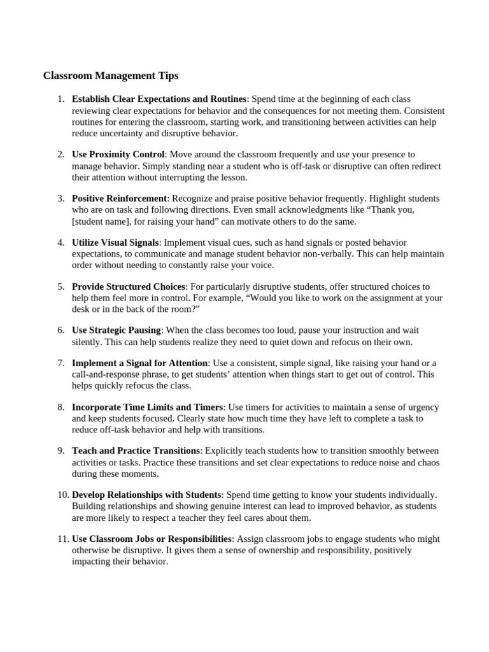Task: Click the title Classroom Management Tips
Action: [111, 76]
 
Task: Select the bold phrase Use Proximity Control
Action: [118, 155]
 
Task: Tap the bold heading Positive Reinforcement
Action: [119, 199]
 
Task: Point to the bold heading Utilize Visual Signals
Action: [115, 243]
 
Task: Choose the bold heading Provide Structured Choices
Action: [129, 287]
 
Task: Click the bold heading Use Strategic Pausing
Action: [117, 330]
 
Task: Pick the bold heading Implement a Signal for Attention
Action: [140, 363]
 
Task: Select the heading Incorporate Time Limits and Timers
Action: [148, 407]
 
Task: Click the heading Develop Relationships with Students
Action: [146, 495]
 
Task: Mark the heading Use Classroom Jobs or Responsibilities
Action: [152, 539]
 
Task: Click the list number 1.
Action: [60, 99]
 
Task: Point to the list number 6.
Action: [60, 330]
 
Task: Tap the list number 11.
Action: [62, 539]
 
